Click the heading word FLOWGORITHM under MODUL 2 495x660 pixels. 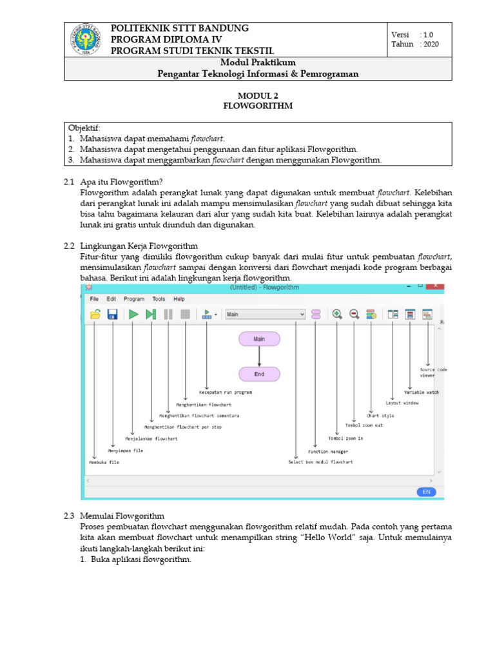(258, 106)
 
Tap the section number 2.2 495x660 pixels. (70, 246)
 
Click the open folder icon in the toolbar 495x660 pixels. (95, 315)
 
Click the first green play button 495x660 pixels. (133, 315)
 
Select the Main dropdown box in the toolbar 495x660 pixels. (265, 315)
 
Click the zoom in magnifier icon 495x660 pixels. (336, 315)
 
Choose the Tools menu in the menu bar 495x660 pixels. (159, 299)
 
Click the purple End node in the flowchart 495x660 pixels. (259, 374)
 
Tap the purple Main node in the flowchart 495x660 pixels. (259, 338)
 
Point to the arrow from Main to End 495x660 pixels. (259, 356)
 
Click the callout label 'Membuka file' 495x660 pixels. (104, 462)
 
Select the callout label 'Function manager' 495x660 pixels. (327, 452)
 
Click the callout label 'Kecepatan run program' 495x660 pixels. (225, 392)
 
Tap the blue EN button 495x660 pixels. (425, 492)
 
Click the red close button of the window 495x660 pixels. (435, 286)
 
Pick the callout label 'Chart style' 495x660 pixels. (380, 416)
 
